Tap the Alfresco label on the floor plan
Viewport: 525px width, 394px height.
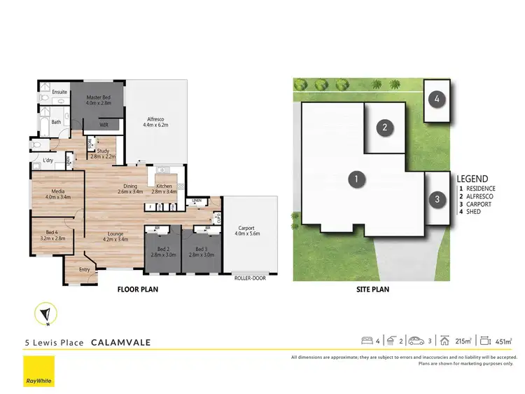156,120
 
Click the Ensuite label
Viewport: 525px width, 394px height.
59,92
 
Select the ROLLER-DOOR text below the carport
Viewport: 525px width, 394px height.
250,278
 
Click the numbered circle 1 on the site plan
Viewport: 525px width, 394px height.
356,179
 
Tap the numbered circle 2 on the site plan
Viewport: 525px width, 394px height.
384,127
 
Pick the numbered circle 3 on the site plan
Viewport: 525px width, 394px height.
437,200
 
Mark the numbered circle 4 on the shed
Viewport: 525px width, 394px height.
437,100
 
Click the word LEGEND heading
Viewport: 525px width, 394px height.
472,179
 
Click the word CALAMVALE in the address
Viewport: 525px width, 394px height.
119,343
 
